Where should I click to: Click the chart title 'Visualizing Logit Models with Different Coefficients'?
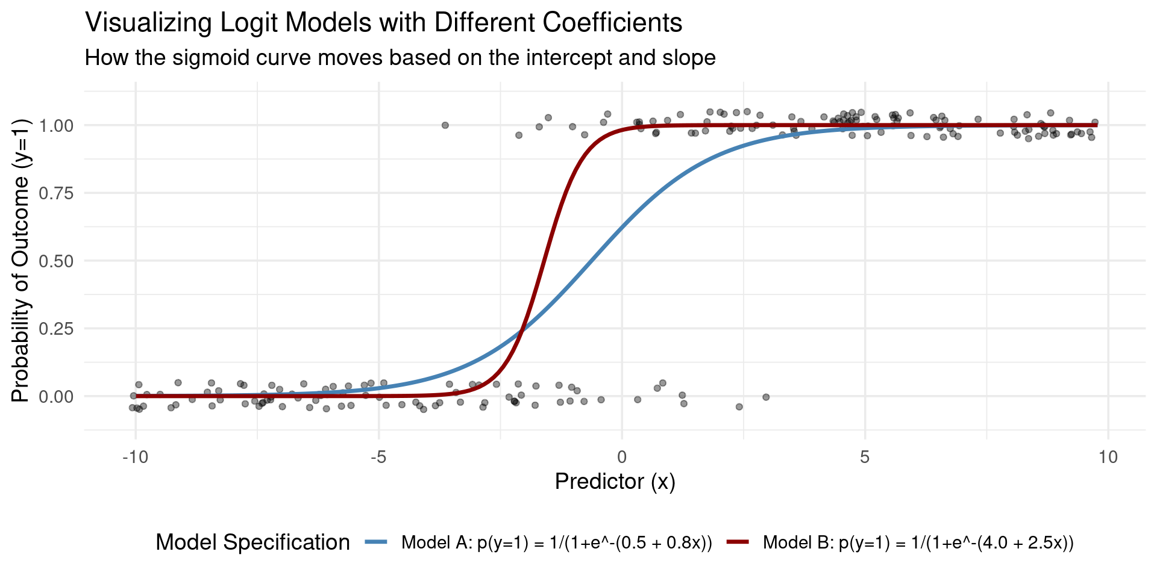pos(384,23)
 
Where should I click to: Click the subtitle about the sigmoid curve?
pos(400,58)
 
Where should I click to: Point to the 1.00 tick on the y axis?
pos(56,126)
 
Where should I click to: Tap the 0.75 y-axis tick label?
pos(56,193)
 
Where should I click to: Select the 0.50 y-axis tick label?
pos(56,261)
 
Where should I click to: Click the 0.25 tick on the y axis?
pos(56,329)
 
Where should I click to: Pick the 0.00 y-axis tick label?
pos(56,397)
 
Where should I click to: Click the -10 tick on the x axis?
pos(135,458)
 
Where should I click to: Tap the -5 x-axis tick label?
pos(378,458)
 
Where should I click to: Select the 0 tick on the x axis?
pos(622,458)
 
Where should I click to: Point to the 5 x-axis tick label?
pos(865,458)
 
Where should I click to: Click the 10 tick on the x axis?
pos(1108,458)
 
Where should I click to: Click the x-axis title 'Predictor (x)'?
pos(615,482)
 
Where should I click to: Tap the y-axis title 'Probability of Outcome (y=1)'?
pos(20,260)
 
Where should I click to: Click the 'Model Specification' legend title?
pos(252,542)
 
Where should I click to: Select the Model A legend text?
pos(557,543)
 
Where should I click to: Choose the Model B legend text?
pos(918,543)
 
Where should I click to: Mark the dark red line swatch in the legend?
pos(741,542)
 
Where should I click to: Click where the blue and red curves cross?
pos(522,329)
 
